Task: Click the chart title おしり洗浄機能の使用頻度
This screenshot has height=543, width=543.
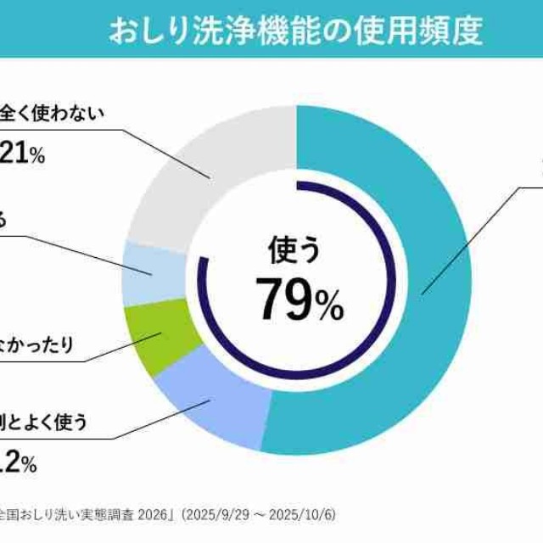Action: point(295,31)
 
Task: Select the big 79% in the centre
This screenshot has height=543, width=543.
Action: point(299,299)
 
